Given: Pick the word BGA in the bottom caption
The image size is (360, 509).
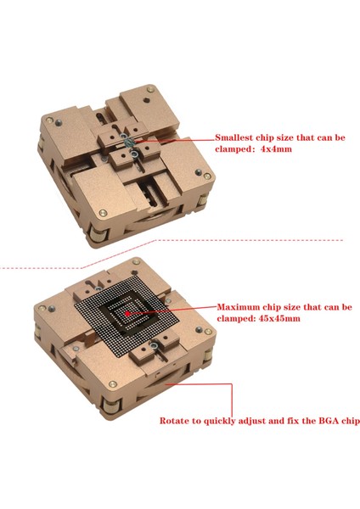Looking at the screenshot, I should pos(313,420).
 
